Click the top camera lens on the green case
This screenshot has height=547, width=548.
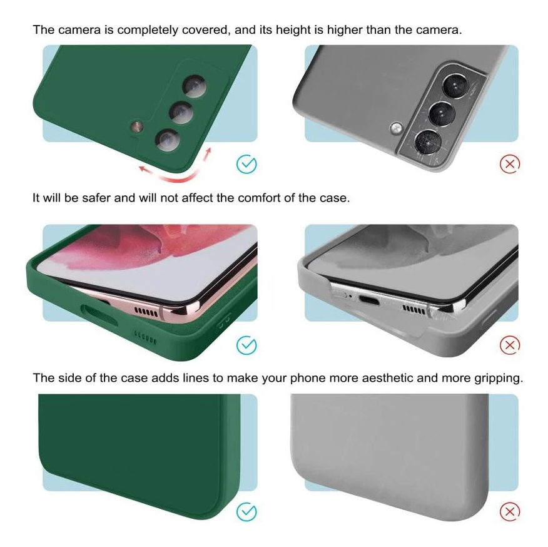(195, 86)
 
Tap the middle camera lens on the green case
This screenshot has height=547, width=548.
(181, 113)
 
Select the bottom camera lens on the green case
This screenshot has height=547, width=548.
(168, 140)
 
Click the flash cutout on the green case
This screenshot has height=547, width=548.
(136, 126)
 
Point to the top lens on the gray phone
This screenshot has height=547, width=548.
(455, 86)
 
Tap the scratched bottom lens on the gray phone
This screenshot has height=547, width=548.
(428, 142)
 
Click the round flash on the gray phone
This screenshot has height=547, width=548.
(397, 128)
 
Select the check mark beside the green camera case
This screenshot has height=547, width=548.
(246, 164)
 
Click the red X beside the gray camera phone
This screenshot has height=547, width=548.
(510, 164)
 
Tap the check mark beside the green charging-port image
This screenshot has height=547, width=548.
(246, 345)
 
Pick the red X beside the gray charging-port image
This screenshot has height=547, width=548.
(510, 345)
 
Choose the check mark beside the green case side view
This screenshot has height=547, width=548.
(246, 512)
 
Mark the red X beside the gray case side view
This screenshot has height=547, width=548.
(510, 512)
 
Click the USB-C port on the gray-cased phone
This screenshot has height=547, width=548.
(370, 300)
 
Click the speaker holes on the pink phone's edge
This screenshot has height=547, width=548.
(146, 312)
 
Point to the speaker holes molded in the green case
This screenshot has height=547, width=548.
(145, 338)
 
